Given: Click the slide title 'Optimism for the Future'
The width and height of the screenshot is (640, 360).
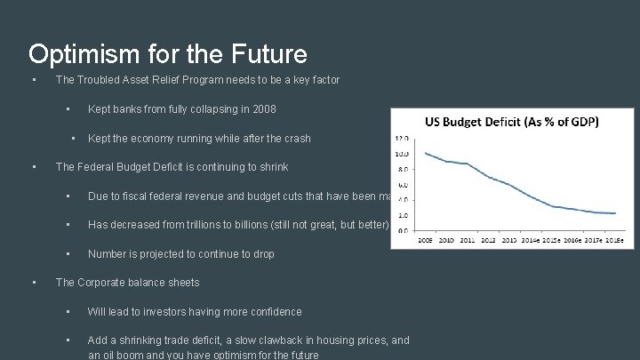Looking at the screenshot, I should pos(167,54).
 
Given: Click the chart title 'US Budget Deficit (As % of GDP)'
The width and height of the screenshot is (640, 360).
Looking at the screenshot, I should pos(511,121).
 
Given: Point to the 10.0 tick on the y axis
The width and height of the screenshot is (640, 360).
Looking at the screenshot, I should pos(401,153).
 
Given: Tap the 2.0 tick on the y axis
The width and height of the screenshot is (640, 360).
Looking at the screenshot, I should pos(402,215).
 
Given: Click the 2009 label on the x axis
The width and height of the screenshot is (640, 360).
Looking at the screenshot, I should pos(425,239).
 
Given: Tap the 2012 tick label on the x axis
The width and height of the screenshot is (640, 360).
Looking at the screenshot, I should pos(487,239).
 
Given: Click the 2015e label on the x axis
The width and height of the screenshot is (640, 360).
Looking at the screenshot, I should pos(551,239).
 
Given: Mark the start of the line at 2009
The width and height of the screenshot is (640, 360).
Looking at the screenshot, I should pos(426,153).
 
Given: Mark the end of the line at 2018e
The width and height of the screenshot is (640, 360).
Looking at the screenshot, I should pos(614,213).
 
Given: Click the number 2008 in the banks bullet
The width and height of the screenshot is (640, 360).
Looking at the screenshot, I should pos(262,109).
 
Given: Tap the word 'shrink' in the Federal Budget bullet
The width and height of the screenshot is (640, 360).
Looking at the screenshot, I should pos(271,167).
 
